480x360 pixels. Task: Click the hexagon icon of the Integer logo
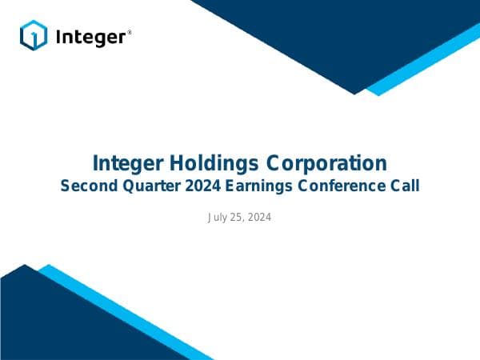click(x=34, y=36)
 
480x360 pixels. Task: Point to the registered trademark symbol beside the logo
click(x=130, y=32)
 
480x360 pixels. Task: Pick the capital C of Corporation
click(x=276, y=164)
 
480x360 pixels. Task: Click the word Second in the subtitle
click(x=89, y=187)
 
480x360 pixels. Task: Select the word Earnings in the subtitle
click(x=265, y=187)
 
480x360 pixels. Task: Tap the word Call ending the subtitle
click(x=404, y=187)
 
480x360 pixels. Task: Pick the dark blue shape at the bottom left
click(x=48, y=320)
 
